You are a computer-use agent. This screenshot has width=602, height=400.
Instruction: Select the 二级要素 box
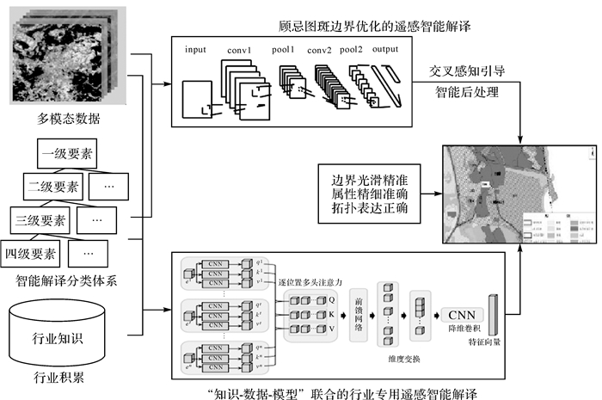[52, 187]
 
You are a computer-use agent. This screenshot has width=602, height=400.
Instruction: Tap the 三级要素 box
[40, 220]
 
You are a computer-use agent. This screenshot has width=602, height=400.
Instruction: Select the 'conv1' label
[239, 50]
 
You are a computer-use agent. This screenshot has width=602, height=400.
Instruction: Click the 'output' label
[385, 50]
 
